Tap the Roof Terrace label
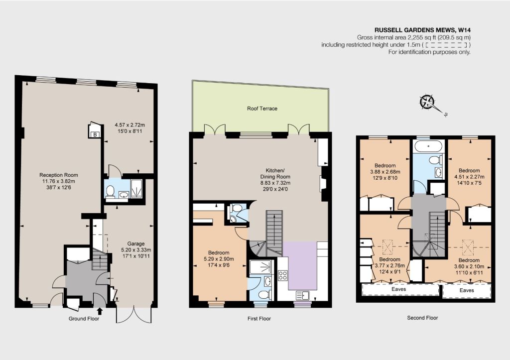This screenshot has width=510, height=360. [x=262, y=109]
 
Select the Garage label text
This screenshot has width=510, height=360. [x=136, y=243]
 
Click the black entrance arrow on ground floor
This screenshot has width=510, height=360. [x=100, y=311]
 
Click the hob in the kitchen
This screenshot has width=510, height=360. [x=283, y=275]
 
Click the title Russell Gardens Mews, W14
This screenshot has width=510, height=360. [x=422, y=30]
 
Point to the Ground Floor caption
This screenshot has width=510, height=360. [x=84, y=319]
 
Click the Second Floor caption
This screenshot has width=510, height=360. [x=422, y=318]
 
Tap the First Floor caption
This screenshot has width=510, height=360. [x=259, y=319]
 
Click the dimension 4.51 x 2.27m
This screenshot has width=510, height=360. [x=469, y=177]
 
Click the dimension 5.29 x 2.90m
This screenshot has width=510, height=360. [x=219, y=259]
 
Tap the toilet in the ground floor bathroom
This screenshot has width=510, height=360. [x=111, y=191]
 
